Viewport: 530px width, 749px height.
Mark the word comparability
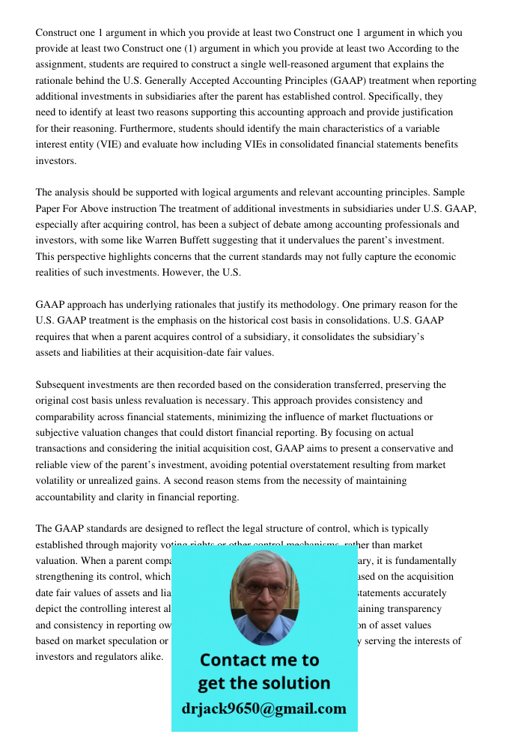coord(69,416)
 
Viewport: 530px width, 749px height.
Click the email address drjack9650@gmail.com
coord(264,709)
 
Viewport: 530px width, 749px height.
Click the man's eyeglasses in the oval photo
coord(264,589)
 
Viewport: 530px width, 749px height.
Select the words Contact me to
coord(259,660)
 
